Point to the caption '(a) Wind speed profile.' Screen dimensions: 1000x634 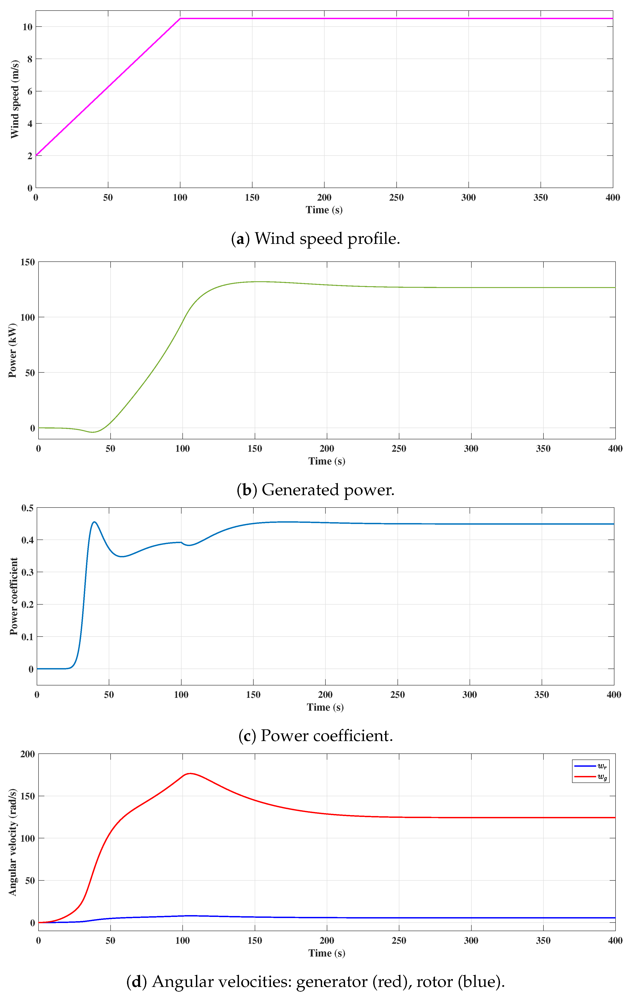pyautogui.click(x=315, y=239)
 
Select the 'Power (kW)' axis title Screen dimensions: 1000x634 pyautogui.click(x=12, y=351)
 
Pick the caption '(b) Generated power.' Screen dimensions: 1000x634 pyautogui.click(x=315, y=490)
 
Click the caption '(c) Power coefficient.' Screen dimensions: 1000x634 pyautogui.click(x=315, y=736)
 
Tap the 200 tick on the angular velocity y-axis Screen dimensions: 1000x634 pyautogui.click(x=28, y=754)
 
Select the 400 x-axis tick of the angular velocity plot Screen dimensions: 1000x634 pyautogui.click(x=615, y=941)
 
